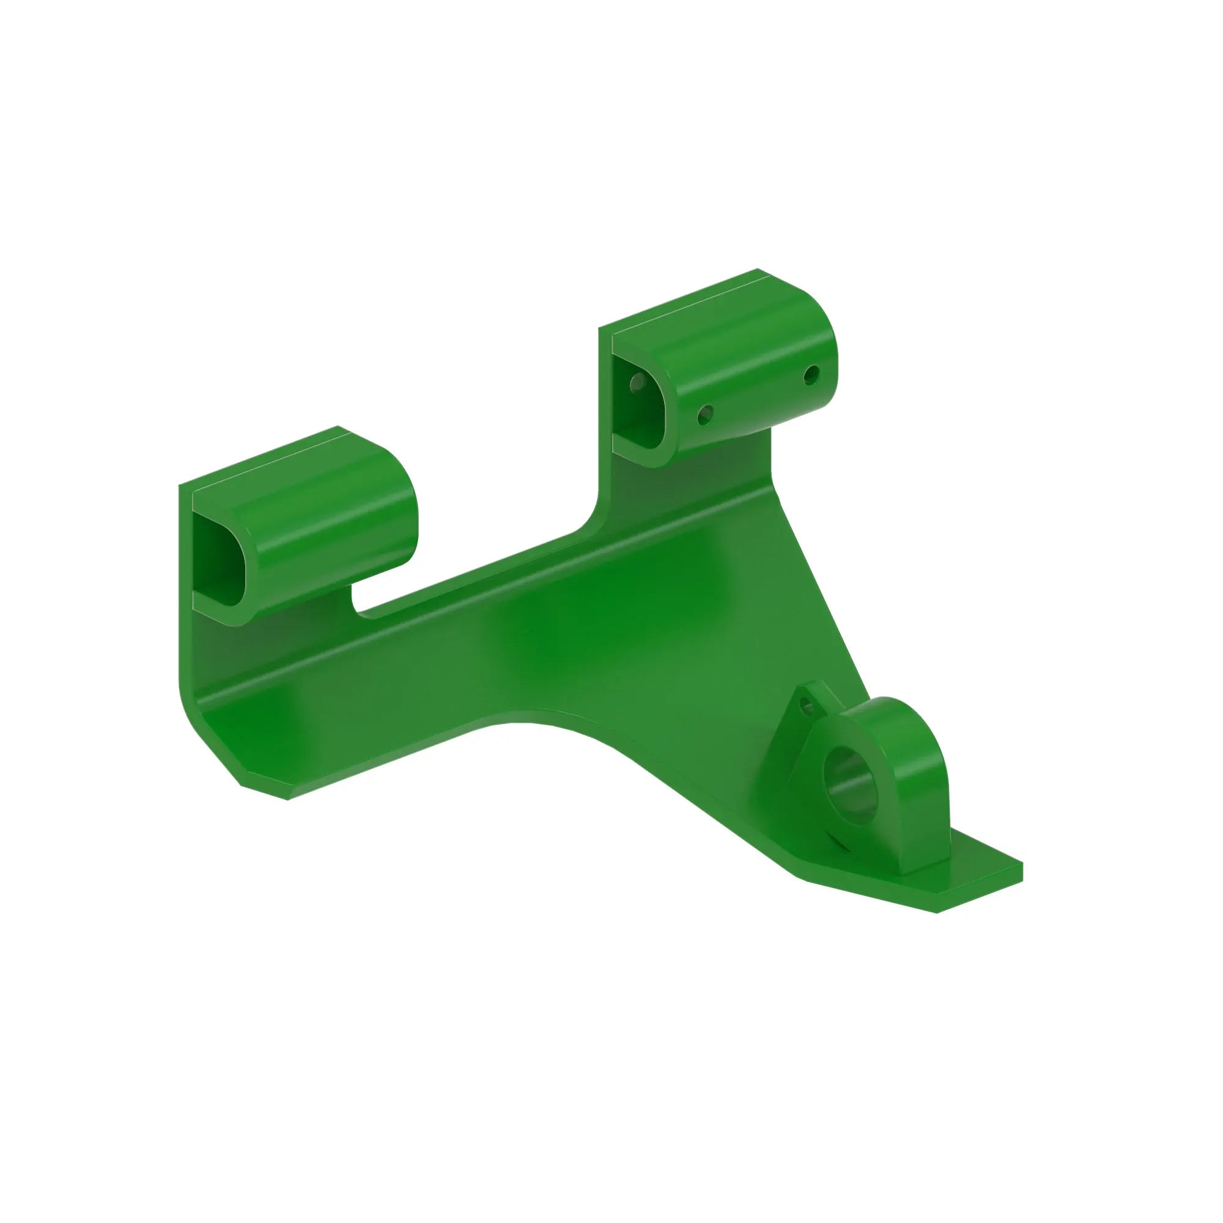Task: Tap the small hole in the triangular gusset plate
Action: [806, 704]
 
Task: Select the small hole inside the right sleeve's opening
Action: [637, 382]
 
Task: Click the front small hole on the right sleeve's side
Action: [705, 415]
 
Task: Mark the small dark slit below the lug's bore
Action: [840, 843]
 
